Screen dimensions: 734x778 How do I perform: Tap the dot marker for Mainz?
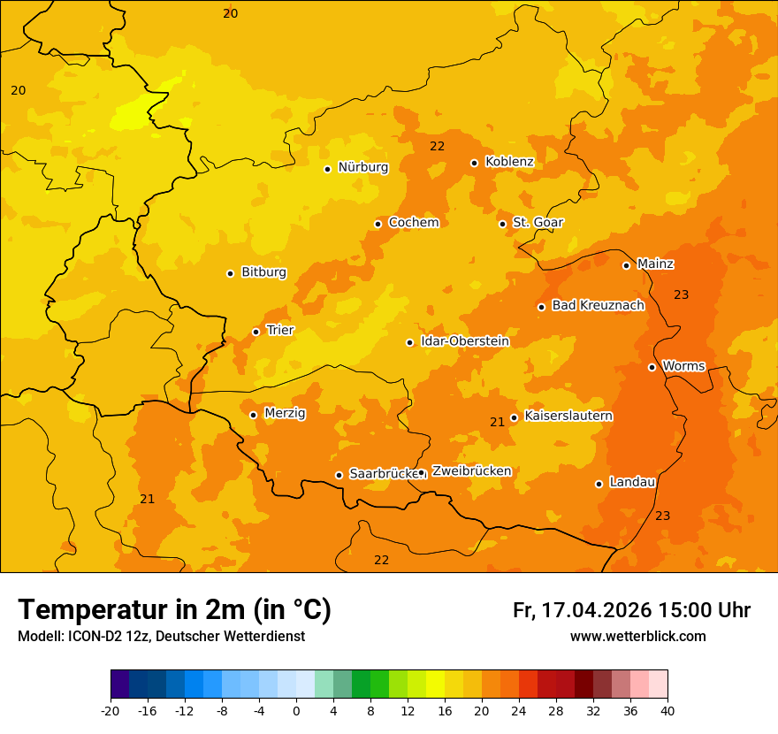point(626,265)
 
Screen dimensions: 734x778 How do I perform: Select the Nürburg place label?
point(362,167)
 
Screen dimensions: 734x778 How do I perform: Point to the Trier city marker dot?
point(256,332)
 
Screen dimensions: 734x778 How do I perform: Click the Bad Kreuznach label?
point(598,305)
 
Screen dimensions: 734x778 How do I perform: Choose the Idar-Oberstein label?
point(464,340)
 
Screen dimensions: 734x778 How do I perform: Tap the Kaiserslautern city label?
point(568,416)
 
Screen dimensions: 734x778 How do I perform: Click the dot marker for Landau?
point(599,484)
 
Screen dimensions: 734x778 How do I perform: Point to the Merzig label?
point(285,413)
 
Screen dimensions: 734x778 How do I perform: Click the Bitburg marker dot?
point(230,273)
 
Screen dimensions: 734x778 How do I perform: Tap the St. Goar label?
point(538,222)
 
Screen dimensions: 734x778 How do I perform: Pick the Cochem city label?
point(413,222)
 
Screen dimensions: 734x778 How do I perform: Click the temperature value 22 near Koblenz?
point(437,146)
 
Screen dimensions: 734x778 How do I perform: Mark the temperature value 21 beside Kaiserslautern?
point(497,422)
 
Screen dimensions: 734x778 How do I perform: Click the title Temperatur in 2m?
point(174,609)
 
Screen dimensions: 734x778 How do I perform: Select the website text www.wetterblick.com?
point(637,636)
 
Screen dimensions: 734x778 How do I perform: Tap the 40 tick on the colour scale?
point(667,710)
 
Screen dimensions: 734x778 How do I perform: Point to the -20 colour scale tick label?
point(110,710)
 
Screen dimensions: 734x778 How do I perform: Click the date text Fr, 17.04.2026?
point(582,610)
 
